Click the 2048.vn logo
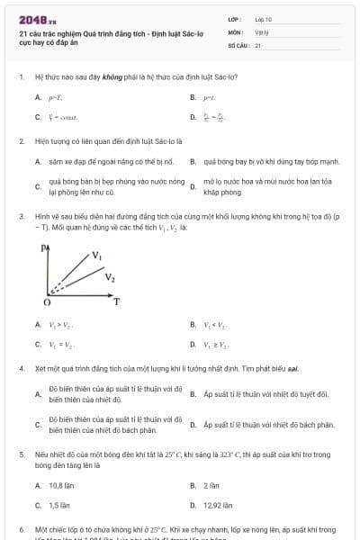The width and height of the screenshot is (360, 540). pyautogui.click(x=32, y=19)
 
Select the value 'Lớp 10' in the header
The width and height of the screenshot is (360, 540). pyautogui.click(x=263, y=18)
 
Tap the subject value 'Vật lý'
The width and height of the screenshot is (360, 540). pyautogui.click(x=262, y=31)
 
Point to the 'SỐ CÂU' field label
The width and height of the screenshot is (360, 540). pyautogui.click(x=238, y=44)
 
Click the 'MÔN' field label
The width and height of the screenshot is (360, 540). pyautogui.click(x=235, y=31)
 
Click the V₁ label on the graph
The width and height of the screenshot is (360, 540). pyautogui.click(x=96, y=256)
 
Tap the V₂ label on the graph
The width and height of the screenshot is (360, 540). pyautogui.click(x=109, y=277)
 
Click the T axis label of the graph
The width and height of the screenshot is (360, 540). pyautogui.click(x=116, y=302)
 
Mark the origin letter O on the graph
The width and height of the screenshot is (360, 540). pyautogui.click(x=45, y=302)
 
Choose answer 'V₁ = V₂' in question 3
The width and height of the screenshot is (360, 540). pyautogui.click(x=60, y=344)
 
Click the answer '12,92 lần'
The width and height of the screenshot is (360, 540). pyautogui.click(x=218, y=505)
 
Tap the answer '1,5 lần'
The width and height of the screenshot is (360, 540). pyautogui.click(x=58, y=505)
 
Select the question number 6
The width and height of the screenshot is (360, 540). pyautogui.click(x=21, y=528)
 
